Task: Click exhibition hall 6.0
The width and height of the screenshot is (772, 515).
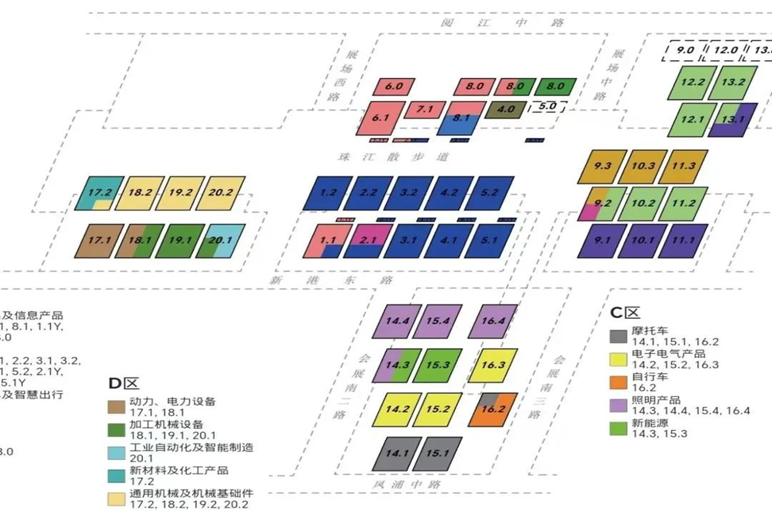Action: (393, 87)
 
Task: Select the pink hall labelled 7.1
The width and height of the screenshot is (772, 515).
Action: (425, 110)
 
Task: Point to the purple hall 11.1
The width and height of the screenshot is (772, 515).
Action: (682, 241)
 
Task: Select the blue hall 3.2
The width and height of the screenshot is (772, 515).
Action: (408, 193)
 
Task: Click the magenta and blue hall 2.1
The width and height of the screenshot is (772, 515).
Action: (367, 241)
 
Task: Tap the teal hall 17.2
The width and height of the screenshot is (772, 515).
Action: (99, 193)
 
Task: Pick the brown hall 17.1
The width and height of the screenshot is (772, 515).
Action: (99, 241)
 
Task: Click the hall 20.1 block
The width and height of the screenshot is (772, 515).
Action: (224, 241)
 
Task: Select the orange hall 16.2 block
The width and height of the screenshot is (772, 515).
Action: (493, 409)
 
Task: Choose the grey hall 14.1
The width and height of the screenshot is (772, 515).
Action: (396, 454)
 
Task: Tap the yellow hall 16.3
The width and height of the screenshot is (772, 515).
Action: (493, 365)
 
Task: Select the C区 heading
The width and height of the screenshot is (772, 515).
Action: (624, 313)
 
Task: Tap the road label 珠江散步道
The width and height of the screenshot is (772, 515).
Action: (393, 157)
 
